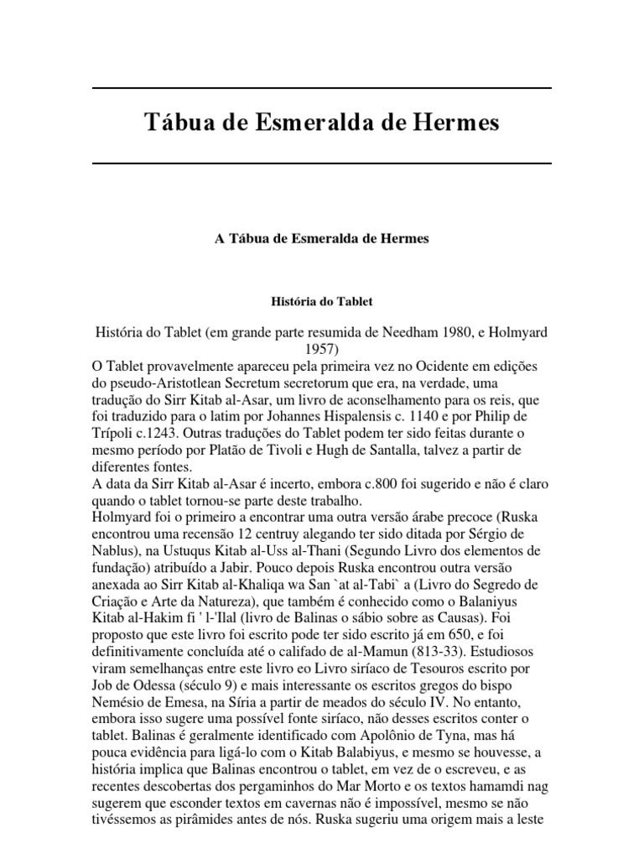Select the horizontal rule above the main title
pyautogui.click(x=321, y=88)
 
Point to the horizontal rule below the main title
pyautogui.click(x=321, y=162)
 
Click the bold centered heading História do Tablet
pyautogui.click(x=321, y=299)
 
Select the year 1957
pyautogui.click(x=321, y=349)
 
